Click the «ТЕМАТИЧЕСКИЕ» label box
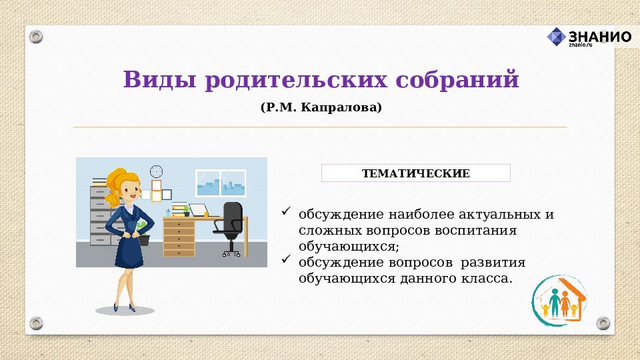tap(415, 173)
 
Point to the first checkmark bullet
tap(286, 212)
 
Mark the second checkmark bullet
tap(286, 259)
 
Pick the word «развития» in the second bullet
tap(493, 263)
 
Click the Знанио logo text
tap(599, 36)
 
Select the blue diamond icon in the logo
tap(556, 37)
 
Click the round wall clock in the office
tap(156, 171)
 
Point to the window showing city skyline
tap(221, 183)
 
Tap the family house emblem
tap(559, 301)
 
